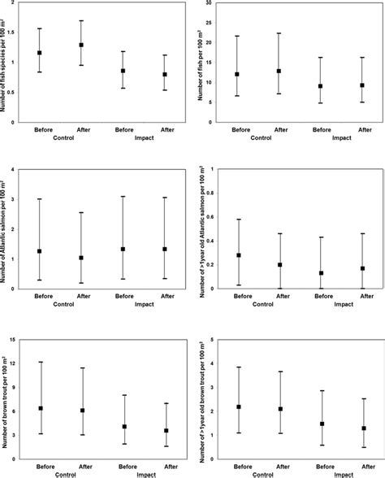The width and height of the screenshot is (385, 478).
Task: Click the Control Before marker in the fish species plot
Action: (x=39, y=53)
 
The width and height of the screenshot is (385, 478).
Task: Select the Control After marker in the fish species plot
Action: (x=80, y=45)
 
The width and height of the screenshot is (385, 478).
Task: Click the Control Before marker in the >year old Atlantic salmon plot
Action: (x=239, y=255)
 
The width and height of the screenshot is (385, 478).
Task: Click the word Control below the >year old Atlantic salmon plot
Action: (x=260, y=304)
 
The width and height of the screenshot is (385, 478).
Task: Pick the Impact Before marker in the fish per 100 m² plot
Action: (x=321, y=86)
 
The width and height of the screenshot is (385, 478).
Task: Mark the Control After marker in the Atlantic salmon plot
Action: (x=80, y=258)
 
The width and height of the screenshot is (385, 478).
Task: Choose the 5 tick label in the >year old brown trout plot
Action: (x=210, y=339)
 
